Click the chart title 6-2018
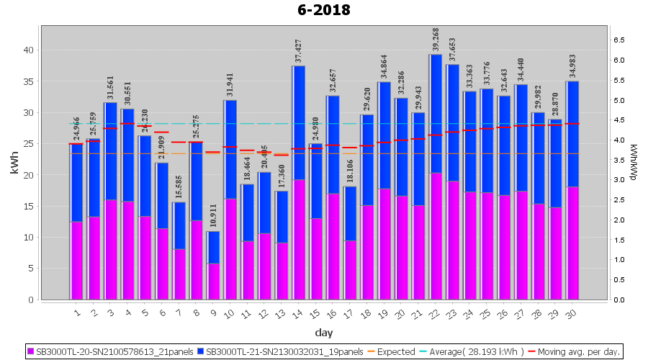(x=323, y=10)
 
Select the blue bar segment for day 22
(x=435, y=114)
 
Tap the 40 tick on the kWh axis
(x=29, y=50)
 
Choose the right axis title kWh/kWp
(x=633, y=163)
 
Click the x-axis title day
(x=323, y=333)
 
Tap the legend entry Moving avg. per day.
(x=584, y=352)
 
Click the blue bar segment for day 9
(x=214, y=247)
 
